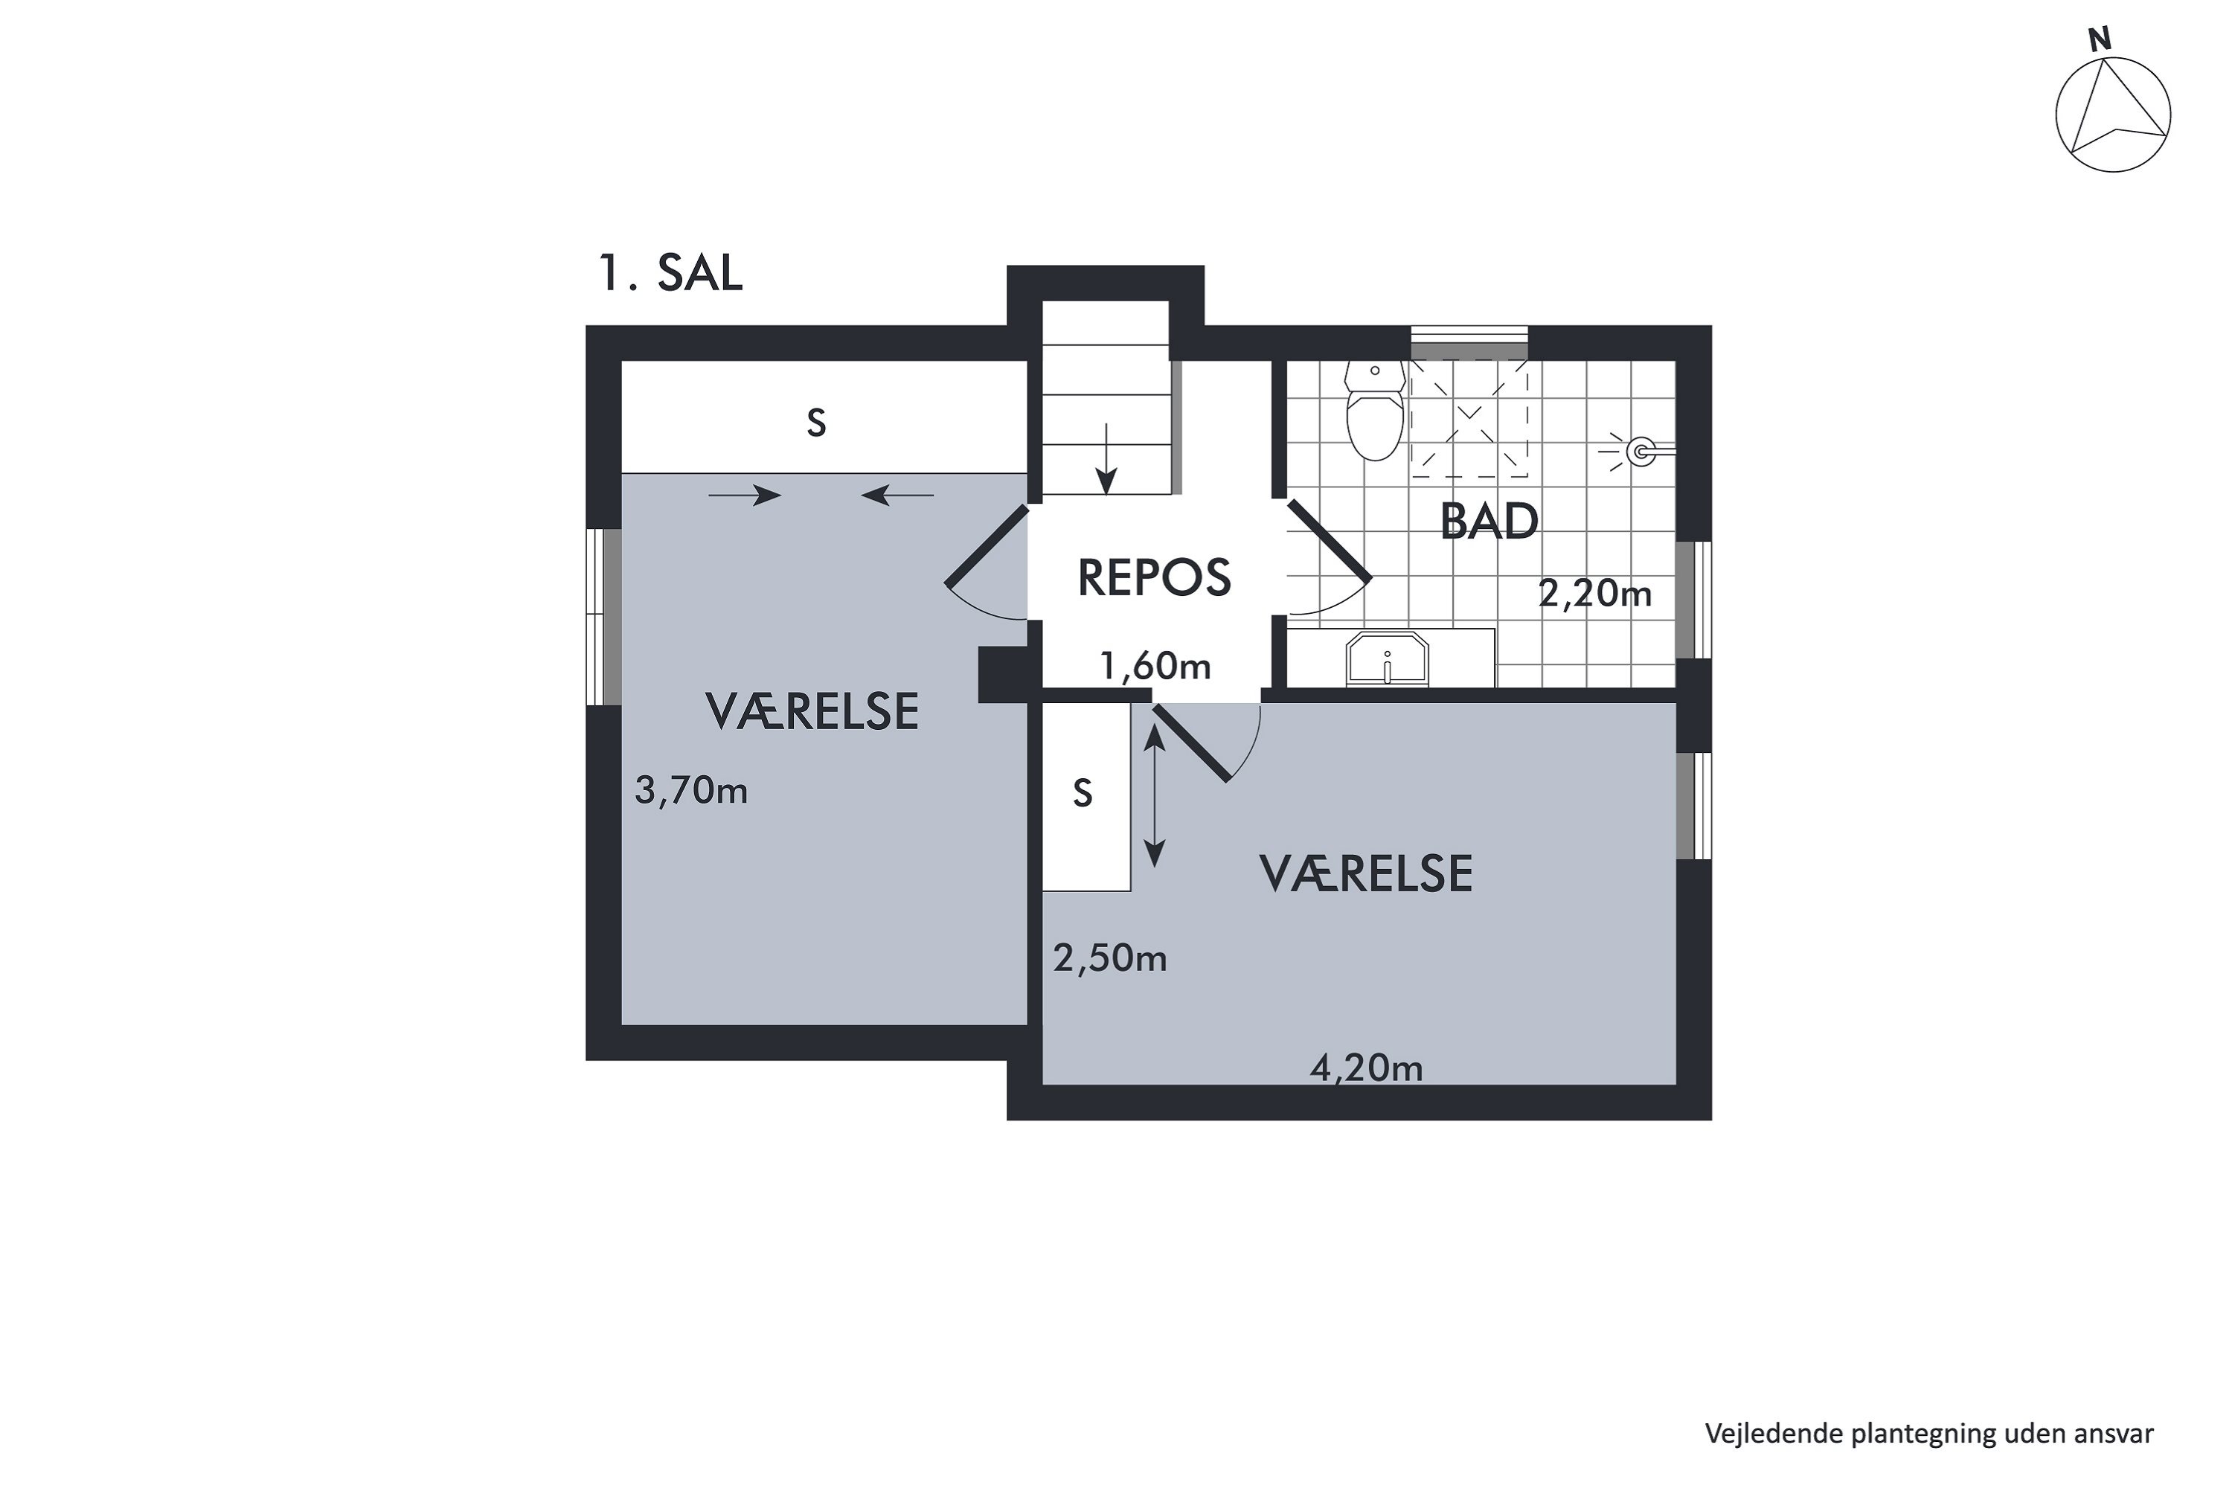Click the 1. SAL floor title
tap(670, 273)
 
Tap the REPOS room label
tap(1154, 578)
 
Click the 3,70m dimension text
tap(691, 790)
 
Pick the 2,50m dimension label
tap(1109, 960)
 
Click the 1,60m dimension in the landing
tap(1155, 666)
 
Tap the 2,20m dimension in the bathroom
tap(1594, 594)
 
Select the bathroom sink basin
tap(1387, 658)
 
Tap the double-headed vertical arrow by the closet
tap(1154, 796)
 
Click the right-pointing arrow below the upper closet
tap(745, 495)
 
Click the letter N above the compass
tap(2100, 40)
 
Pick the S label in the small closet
tap(1083, 793)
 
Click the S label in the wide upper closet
tap(816, 423)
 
